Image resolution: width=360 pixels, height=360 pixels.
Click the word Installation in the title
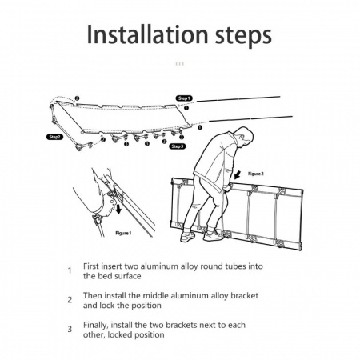pos(147,34)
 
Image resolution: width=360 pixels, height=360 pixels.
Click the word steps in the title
pos(243,37)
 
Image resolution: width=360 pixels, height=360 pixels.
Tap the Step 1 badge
pos(184,98)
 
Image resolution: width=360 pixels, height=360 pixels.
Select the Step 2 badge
pos(55,137)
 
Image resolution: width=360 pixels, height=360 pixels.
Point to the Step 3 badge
pos(178,146)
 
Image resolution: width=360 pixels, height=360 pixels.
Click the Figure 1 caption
pos(123,233)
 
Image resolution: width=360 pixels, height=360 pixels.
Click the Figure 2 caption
pos(256,174)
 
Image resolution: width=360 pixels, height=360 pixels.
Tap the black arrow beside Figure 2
pos(238,175)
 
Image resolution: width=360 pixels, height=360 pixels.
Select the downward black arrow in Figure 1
pos(118,209)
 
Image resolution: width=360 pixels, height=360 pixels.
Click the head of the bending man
pos(245,137)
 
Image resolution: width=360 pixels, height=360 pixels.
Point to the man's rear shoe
pos(188,236)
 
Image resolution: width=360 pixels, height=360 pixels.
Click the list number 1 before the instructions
pos(70,270)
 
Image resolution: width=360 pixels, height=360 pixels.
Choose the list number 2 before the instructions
pos(70,300)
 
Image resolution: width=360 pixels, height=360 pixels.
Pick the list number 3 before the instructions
pos(70,329)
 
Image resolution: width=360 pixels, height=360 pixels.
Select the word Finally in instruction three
pos(96,326)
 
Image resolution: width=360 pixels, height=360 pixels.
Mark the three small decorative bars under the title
pos(180,64)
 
